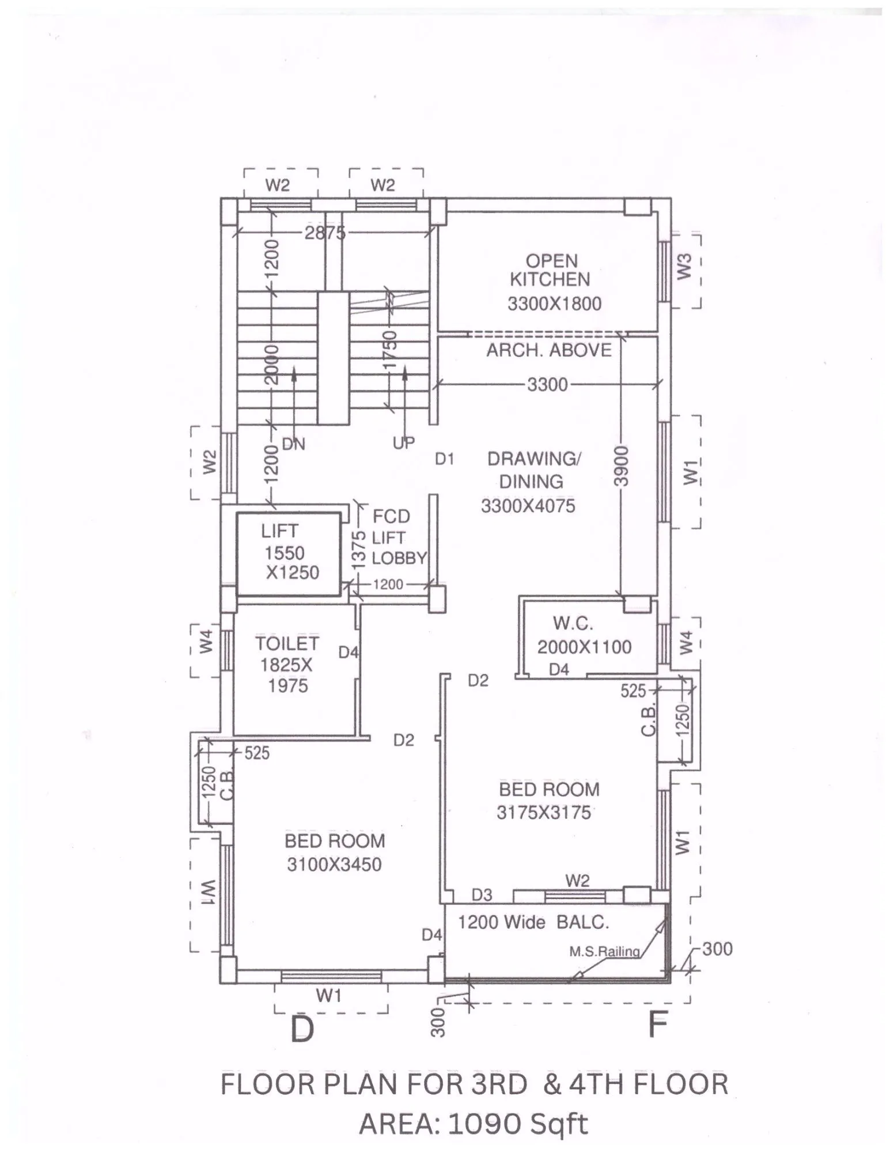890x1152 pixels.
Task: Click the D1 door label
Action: (x=444, y=459)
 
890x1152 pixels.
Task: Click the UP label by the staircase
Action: (x=403, y=443)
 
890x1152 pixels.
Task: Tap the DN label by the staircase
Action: (x=293, y=444)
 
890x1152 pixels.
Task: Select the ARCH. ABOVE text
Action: (x=548, y=350)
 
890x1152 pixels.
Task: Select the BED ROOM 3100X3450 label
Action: (x=335, y=853)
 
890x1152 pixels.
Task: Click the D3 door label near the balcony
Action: (x=482, y=895)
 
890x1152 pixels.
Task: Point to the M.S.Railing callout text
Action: (x=605, y=952)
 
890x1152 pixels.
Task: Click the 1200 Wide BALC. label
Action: (x=533, y=923)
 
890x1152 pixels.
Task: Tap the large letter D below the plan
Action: (x=302, y=1029)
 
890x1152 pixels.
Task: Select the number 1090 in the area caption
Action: (x=481, y=1124)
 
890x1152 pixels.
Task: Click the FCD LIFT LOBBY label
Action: (x=397, y=537)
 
